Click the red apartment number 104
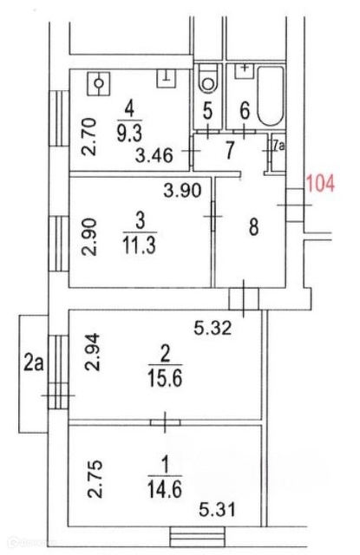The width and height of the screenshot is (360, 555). (x=320, y=185)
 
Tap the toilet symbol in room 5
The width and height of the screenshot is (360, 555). (x=208, y=78)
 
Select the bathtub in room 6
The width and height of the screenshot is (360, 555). (x=271, y=95)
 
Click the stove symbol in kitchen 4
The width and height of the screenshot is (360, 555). (x=99, y=83)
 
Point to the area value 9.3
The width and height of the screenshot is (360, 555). (x=129, y=133)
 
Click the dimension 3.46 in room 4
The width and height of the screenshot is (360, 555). (x=154, y=156)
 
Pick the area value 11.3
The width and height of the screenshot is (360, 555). (x=139, y=245)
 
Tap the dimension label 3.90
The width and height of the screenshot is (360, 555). (x=182, y=190)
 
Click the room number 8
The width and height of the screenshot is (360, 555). (x=253, y=227)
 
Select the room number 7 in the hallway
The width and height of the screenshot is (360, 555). (x=230, y=150)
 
